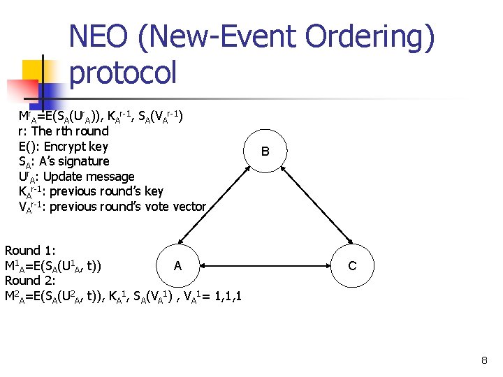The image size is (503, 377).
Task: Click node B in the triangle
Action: pos(265,151)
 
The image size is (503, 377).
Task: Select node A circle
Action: pos(177,265)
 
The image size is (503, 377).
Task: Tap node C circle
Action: pos(352,265)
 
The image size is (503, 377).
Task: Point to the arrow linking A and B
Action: pos(221,208)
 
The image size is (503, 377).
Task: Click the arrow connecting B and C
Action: pos(308,208)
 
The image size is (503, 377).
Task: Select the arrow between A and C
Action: pos(265,265)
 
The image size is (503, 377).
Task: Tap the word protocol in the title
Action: pos(123,73)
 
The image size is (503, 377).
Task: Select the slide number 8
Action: pos(484,361)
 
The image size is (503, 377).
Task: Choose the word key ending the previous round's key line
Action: pos(154,191)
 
